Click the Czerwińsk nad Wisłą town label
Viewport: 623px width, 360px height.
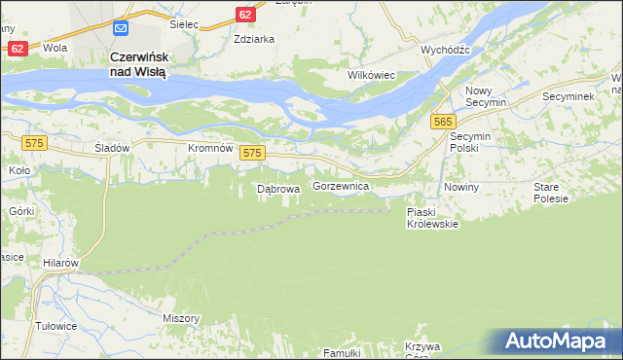tap(139, 65)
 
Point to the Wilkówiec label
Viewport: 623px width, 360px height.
tap(371, 74)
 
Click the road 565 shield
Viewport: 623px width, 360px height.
tap(444, 120)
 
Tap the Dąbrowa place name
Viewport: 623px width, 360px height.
tap(276, 189)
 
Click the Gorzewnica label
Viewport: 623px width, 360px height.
tap(340, 185)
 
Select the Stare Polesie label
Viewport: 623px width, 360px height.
tap(551, 192)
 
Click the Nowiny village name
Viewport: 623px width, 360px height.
tap(461, 187)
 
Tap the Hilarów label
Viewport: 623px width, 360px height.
tap(59, 263)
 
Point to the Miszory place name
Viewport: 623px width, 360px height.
tap(182, 318)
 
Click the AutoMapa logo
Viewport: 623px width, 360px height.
tap(558, 342)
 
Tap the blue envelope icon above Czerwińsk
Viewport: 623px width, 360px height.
tap(120, 30)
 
